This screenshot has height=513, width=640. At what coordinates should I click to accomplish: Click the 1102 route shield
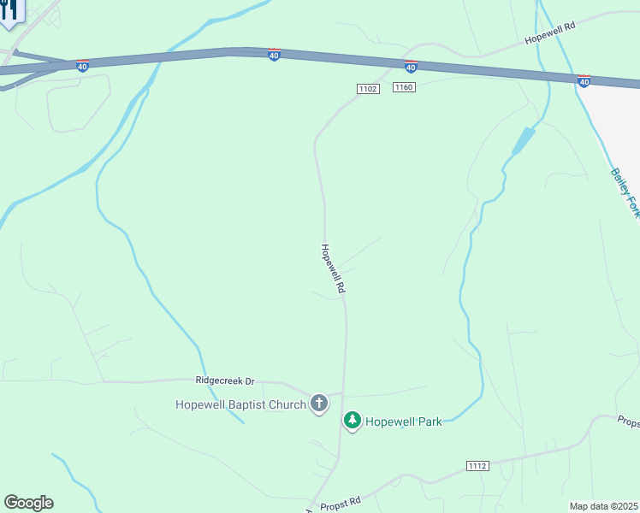(368, 89)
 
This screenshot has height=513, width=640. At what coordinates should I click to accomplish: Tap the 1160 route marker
(404, 88)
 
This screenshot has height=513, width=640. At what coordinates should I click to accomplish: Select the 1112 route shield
(477, 465)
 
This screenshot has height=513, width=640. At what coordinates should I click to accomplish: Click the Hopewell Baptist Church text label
(240, 404)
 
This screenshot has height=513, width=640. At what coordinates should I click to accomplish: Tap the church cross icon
(319, 404)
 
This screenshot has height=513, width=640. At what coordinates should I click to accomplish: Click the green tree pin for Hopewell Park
(352, 420)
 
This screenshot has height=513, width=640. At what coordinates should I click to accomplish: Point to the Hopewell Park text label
(404, 422)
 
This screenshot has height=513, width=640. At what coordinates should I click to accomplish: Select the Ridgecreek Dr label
(225, 380)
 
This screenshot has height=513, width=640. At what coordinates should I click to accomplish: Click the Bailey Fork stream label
(623, 192)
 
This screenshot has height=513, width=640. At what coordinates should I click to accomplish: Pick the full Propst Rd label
(341, 503)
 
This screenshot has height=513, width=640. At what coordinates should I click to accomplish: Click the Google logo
(28, 503)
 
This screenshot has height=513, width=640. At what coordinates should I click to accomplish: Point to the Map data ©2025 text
(604, 506)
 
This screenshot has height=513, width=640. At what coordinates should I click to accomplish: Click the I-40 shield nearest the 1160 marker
(411, 66)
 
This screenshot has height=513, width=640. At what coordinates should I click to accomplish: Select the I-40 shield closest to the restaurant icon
(82, 66)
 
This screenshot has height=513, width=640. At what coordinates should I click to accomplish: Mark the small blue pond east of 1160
(522, 141)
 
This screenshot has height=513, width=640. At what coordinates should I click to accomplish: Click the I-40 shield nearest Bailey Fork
(584, 81)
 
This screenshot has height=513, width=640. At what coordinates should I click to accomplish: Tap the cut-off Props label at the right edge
(629, 421)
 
